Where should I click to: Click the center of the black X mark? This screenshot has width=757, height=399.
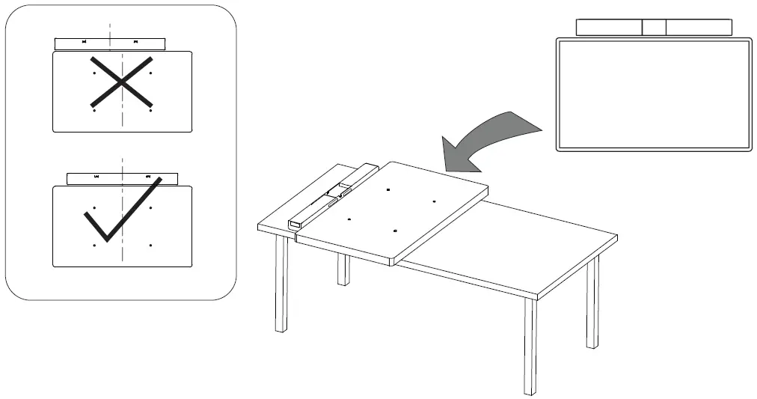123,80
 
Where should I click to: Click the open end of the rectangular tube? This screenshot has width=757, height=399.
294,224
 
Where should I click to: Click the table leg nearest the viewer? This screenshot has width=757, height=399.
530,344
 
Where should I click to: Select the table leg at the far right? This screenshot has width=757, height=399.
592,303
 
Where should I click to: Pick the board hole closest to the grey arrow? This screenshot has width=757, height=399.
389,190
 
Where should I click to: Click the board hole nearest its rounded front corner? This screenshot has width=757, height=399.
394,231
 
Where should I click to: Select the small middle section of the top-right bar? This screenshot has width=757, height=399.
654,27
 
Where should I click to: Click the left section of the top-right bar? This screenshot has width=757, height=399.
609,27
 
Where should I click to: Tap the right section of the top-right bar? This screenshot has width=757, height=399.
699,27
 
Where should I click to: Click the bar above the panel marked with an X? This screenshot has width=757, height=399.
110,43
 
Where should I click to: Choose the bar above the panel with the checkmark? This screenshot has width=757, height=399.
122,177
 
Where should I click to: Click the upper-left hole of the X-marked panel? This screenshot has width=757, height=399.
94,73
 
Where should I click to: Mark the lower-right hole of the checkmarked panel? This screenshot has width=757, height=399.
151,245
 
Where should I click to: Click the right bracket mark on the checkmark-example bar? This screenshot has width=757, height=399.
149,177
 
